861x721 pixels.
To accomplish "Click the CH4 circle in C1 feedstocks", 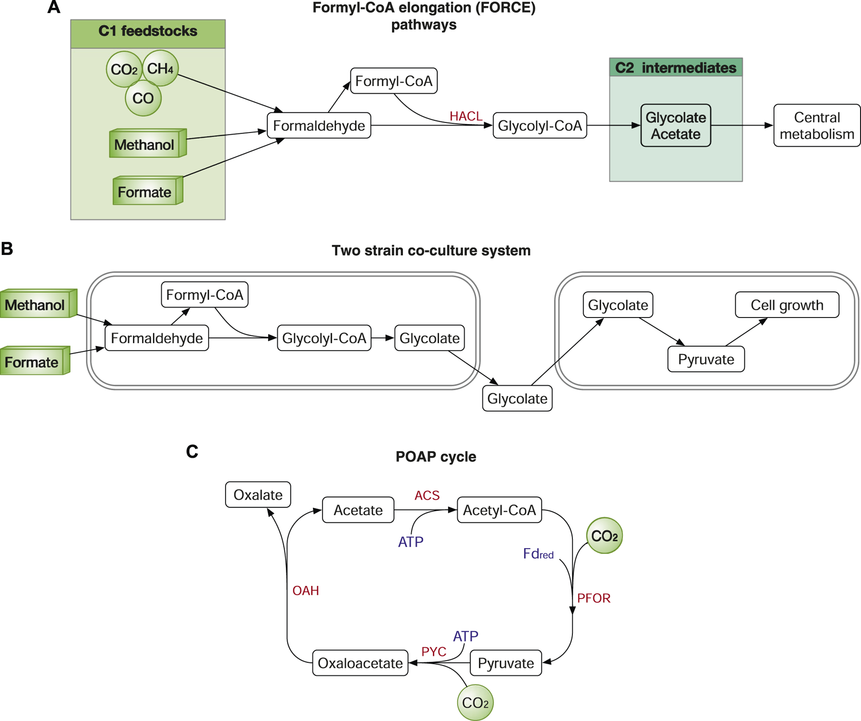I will coord(160,68).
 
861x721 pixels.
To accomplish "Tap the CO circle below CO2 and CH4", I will coord(143,98).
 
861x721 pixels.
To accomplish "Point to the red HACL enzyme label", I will coord(465,116).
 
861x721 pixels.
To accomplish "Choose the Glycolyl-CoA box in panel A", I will coord(539,126).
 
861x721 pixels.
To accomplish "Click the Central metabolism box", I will coord(816,126).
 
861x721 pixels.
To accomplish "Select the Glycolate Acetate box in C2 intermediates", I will coord(675,126).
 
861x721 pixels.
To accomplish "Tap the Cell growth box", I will coord(787,305).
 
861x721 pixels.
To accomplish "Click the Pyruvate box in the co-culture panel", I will coord(706,359).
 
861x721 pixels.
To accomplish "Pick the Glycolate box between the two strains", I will coord(517,399).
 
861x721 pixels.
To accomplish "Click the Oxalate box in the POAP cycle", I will coord(258,495).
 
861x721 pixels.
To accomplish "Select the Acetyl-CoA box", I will coord(499,510).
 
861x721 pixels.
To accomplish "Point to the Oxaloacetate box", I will coord(360,663).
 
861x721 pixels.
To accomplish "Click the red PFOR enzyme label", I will coord(593,598).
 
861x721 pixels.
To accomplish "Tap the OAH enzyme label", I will coord(306,590).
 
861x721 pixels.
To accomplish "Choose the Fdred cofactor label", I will coord(538,554).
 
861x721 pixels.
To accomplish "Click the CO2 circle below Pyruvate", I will coord(475,703).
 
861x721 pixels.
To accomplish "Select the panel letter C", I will coord(192,452).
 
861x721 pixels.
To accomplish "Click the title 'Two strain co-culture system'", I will coord(431,251).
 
